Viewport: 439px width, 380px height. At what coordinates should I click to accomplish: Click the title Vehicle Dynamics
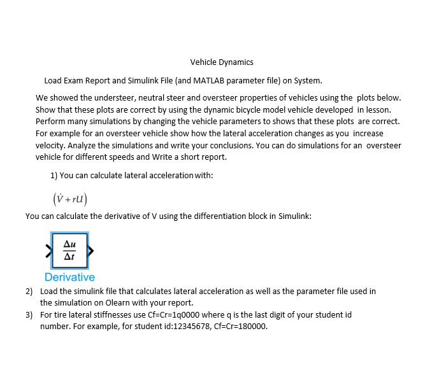tap(222, 62)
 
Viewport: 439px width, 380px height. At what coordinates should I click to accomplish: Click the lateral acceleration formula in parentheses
tap(69, 199)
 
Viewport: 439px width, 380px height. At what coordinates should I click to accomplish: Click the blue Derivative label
tap(69, 277)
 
